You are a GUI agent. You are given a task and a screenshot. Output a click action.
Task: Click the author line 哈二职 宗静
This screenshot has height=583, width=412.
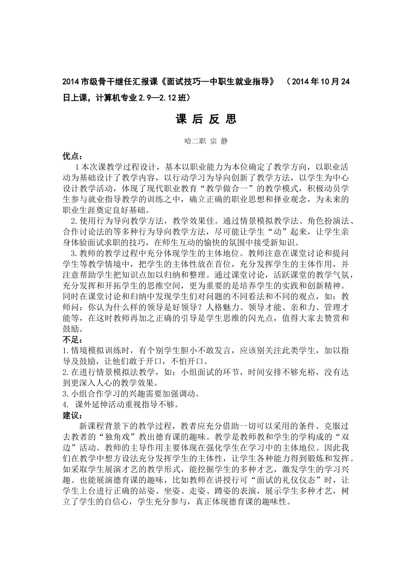[x=206, y=141]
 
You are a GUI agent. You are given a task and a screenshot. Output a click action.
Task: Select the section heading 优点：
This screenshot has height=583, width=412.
[x=72, y=155]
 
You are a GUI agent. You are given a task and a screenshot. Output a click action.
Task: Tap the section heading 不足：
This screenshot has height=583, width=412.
[x=72, y=339]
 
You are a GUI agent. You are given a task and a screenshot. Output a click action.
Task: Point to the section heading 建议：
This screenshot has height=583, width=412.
[x=72, y=415]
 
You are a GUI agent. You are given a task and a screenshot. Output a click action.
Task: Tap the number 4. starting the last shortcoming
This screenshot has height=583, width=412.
[x=66, y=405]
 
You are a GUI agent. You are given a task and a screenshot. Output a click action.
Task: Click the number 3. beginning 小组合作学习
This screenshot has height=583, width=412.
[x=66, y=394]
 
